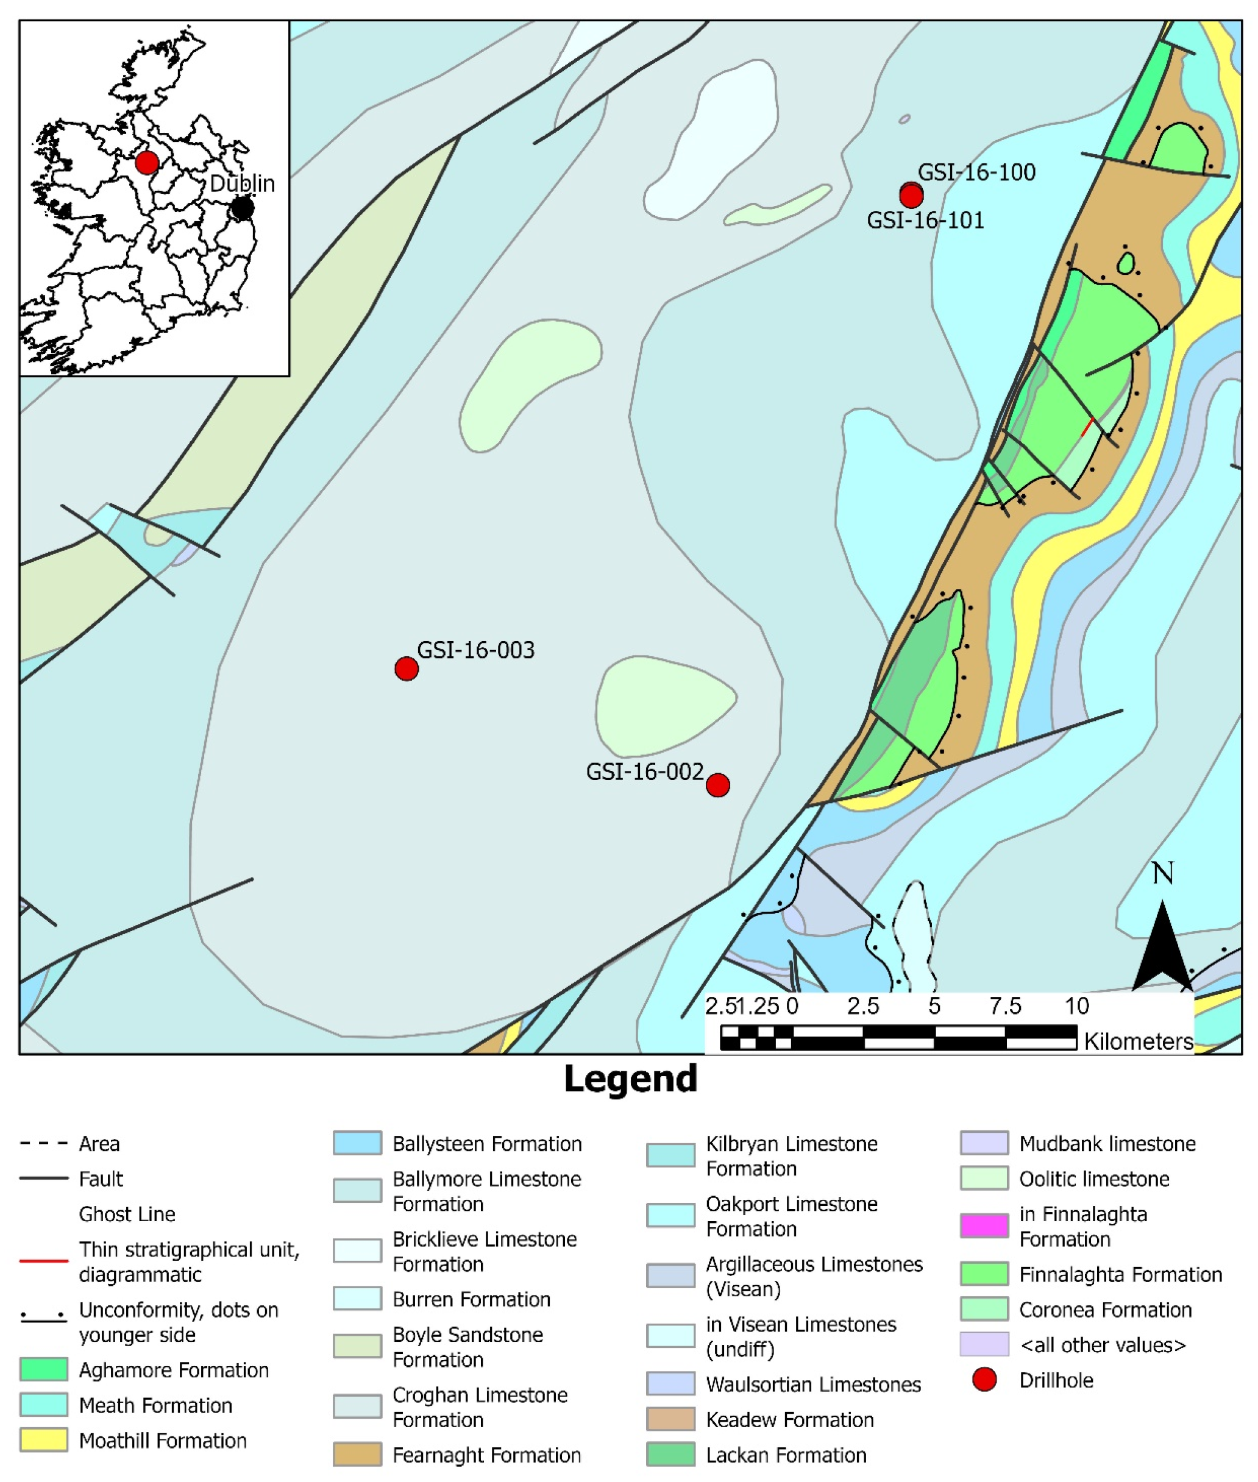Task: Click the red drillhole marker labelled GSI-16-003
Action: tap(407, 668)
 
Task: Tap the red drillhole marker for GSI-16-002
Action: tap(717, 785)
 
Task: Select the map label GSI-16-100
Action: tap(976, 172)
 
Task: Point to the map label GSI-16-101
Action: tap(925, 220)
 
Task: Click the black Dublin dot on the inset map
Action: tap(243, 208)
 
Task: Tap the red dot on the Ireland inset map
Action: tap(147, 163)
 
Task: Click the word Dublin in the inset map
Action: tap(242, 183)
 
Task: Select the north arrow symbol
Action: tap(1162, 945)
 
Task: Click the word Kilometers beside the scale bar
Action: tap(1138, 1041)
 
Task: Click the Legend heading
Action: tap(630, 1079)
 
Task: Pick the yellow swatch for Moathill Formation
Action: tap(43, 1439)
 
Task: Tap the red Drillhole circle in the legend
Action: tap(984, 1380)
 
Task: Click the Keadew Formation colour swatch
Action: tap(670, 1419)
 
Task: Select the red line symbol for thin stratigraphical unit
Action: tap(43, 1260)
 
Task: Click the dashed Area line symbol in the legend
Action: tap(43, 1143)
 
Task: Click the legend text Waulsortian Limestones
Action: tap(813, 1384)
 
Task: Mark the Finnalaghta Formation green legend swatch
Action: tap(984, 1273)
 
